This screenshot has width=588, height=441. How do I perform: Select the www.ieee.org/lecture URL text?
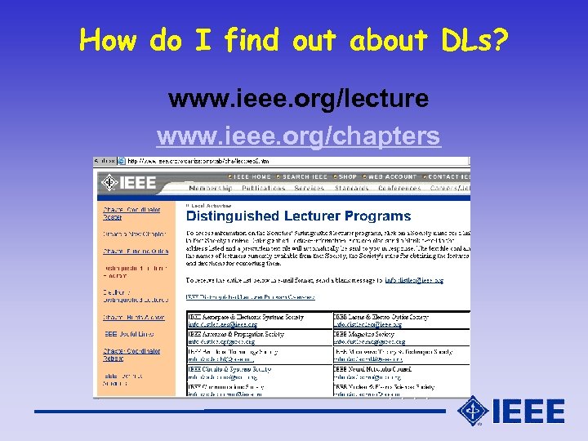[298, 99]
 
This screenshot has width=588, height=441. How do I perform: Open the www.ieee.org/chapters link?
[298, 136]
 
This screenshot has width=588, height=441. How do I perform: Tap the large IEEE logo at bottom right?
[512, 411]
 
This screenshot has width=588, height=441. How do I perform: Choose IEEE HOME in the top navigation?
[251, 176]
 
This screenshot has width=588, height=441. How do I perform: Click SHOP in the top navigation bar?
[347, 176]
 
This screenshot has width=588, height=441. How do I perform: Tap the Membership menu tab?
[210, 189]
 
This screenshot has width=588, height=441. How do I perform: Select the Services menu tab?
[310, 189]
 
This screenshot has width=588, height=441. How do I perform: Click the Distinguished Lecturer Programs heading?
[287, 216]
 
